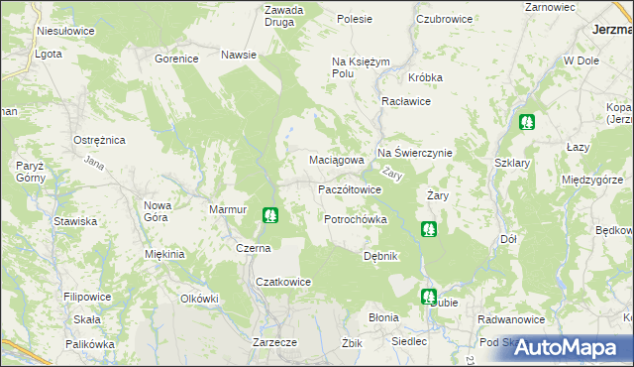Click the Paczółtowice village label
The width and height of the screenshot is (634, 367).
[349, 188]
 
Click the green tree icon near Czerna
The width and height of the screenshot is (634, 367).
[269, 214]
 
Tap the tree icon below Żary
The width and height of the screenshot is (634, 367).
[428, 230]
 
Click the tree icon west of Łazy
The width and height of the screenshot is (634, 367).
[525, 123]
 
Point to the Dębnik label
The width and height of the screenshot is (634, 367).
[380, 255]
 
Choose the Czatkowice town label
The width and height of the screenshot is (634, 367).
[284, 282]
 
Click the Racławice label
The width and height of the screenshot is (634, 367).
[405, 101]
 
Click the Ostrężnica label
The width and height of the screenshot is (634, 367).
[99, 141]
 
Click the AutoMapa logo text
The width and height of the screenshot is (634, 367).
[573, 347]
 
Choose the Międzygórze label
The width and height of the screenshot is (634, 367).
[590, 180]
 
